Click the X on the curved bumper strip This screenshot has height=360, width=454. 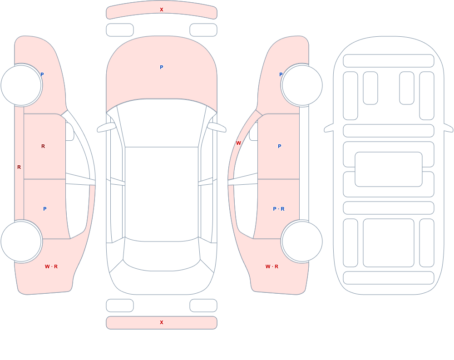pos(162,10)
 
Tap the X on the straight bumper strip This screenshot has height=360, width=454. pos(162,322)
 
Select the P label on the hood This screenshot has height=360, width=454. pos(162,67)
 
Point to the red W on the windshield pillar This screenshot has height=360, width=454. pos(238,143)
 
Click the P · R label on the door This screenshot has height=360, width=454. pos(279,209)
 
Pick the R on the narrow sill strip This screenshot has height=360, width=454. pos(19,167)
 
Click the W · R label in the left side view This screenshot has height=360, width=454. pos(51,266)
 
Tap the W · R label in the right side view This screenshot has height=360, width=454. pos(272,266)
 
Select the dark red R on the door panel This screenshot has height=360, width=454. pos(43,146)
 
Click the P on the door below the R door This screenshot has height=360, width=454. pos(44,209)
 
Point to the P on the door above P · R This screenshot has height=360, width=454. pos(279,146)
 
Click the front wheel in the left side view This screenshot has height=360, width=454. pos(21,85)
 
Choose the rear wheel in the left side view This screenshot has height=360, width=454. pos(21,241)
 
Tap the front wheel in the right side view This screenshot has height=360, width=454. pos(302,85)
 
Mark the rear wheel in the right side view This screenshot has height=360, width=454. pos(302,241)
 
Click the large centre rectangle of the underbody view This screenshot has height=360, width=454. pos(389,169)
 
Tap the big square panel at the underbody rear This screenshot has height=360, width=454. pos(389,243)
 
